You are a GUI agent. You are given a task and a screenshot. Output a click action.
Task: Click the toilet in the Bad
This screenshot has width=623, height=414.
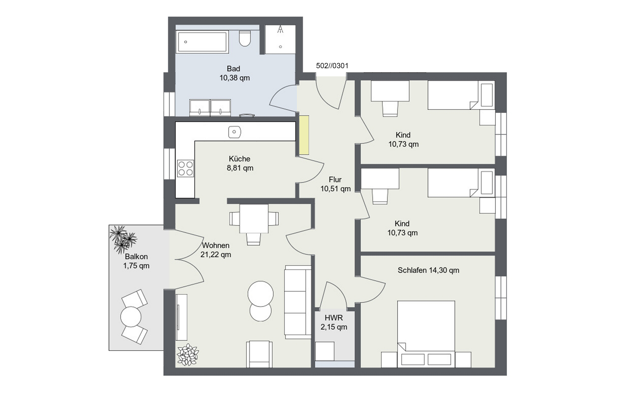point(245,39)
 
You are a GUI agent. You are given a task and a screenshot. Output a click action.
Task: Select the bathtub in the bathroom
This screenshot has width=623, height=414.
point(202,42)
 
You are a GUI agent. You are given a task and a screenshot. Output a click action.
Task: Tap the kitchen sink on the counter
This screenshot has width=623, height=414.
point(234,132)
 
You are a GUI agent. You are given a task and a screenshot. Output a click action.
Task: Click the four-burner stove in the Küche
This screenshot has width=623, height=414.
point(185,168)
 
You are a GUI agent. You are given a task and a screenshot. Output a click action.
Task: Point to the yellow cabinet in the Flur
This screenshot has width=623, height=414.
point(304,135)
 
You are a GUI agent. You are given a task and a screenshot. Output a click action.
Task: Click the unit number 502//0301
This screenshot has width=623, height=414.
point(332,66)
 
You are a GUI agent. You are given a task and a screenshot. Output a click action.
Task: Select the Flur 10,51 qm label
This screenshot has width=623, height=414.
point(336,184)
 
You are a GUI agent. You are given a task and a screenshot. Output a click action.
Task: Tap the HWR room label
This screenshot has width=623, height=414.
point(334,322)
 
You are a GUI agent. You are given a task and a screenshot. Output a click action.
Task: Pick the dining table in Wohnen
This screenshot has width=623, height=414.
point(254,219)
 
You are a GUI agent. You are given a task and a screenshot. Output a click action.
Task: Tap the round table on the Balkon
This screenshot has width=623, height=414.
point(131,316)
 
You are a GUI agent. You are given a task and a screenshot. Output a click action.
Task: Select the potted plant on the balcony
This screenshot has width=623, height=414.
point(123,239)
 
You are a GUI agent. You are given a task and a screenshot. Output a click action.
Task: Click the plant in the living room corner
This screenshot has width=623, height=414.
point(188,355)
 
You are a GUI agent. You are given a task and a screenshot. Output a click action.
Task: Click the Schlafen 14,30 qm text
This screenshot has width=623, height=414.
point(428,270)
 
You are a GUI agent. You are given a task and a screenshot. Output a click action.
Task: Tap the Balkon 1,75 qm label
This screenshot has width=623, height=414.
point(136,261)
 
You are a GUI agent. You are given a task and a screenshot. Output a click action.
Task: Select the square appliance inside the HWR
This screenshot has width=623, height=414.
point(325,351)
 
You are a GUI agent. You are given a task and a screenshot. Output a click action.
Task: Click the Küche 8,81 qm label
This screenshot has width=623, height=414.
point(240,163)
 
